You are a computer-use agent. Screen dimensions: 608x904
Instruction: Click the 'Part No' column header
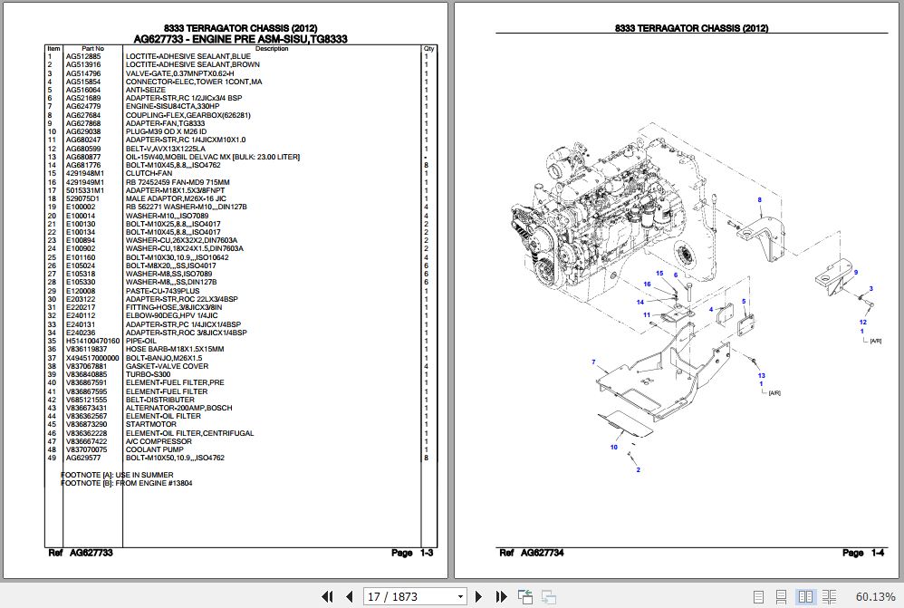point(92,49)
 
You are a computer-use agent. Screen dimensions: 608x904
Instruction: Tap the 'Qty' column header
point(428,49)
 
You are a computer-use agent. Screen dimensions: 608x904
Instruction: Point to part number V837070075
point(86,449)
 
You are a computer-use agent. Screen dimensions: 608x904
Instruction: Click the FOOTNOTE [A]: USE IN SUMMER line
point(116,474)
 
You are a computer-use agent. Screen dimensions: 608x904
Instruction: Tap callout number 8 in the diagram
point(759,200)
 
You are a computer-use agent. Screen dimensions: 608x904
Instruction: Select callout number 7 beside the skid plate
point(593,362)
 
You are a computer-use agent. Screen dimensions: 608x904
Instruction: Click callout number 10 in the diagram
point(613,448)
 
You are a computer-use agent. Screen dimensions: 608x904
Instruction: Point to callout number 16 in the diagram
point(648,285)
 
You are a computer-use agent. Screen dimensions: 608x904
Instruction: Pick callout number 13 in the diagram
point(761,376)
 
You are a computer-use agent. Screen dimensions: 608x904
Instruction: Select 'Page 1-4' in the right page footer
point(862,553)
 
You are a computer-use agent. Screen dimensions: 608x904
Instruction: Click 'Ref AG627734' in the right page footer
point(533,553)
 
